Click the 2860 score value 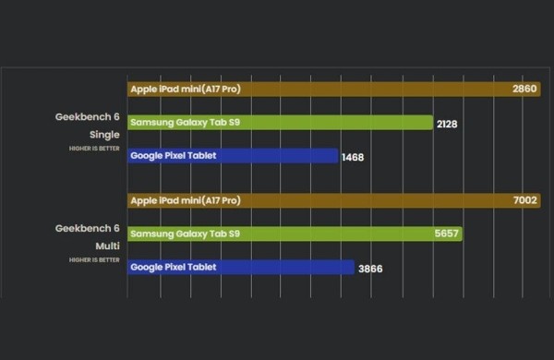pos(525,90)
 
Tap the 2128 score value pos(447,124)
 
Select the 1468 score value pos(353,157)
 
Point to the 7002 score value pos(525,200)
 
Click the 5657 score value pos(447,234)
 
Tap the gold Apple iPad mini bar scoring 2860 pos(369,90)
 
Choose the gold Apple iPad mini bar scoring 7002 pos(369,200)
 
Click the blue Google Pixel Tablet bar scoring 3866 pos(277,268)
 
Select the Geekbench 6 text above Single pos(88,118)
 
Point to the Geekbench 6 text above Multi pos(88,229)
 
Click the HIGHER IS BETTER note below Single pos(94,149)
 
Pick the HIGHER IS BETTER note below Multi pos(94,260)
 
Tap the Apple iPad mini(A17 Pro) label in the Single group pos(186,90)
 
